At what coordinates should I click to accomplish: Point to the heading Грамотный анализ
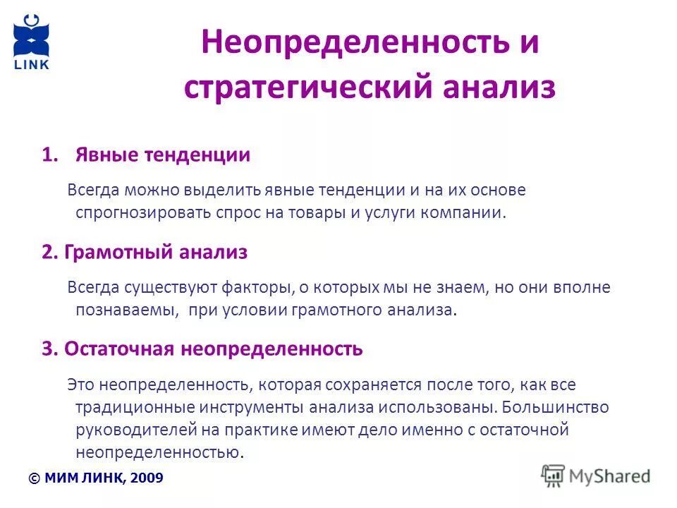pos(155,252)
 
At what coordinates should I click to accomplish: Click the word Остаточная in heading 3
pos(121,349)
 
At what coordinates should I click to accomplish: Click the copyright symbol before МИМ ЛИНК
pos(34,478)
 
